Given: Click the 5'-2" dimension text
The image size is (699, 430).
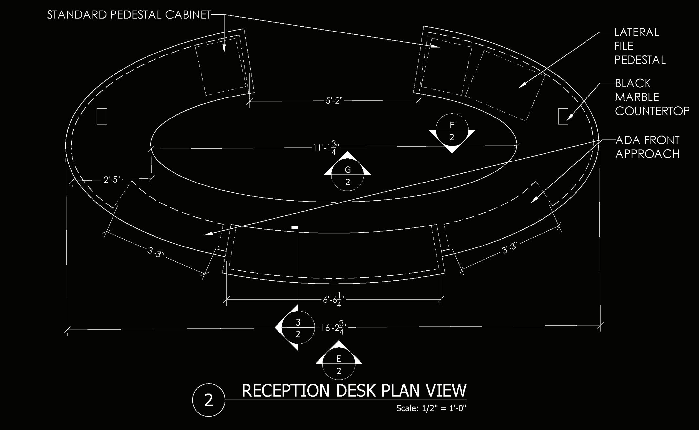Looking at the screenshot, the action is (x=334, y=101).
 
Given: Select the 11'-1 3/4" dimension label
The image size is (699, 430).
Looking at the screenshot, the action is (x=325, y=147).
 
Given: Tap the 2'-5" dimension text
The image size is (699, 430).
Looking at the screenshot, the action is (x=112, y=180).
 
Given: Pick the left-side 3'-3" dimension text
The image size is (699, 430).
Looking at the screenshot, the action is (x=155, y=252).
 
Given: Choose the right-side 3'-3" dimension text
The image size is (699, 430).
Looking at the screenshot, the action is (x=509, y=248).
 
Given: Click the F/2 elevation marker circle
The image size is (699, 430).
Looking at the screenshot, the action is (x=452, y=130).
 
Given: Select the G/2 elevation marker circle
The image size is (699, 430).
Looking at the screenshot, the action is (x=348, y=175).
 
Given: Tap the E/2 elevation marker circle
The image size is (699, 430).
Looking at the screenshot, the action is (x=339, y=364).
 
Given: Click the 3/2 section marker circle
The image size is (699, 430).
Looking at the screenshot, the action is (x=298, y=328).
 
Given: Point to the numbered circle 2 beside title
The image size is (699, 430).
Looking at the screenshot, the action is (x=209, y=400).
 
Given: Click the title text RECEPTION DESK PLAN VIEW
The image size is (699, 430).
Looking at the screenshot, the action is (x=354, y=391).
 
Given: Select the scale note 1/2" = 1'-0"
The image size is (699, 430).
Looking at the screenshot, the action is (x=431, y=408).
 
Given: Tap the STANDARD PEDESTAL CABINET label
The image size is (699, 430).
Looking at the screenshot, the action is (x=129, y=15).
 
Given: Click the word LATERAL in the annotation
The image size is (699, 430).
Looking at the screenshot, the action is (x=636, y=32).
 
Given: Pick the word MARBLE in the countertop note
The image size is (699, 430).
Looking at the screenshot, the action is (x=637, y=97).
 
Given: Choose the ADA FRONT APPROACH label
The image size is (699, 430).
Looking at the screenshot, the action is (x=647, y=147).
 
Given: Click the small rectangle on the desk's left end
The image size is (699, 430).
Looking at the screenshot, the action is (x=102, y=116).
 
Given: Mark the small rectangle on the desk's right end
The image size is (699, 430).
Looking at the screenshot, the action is (x=563, y=116).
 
